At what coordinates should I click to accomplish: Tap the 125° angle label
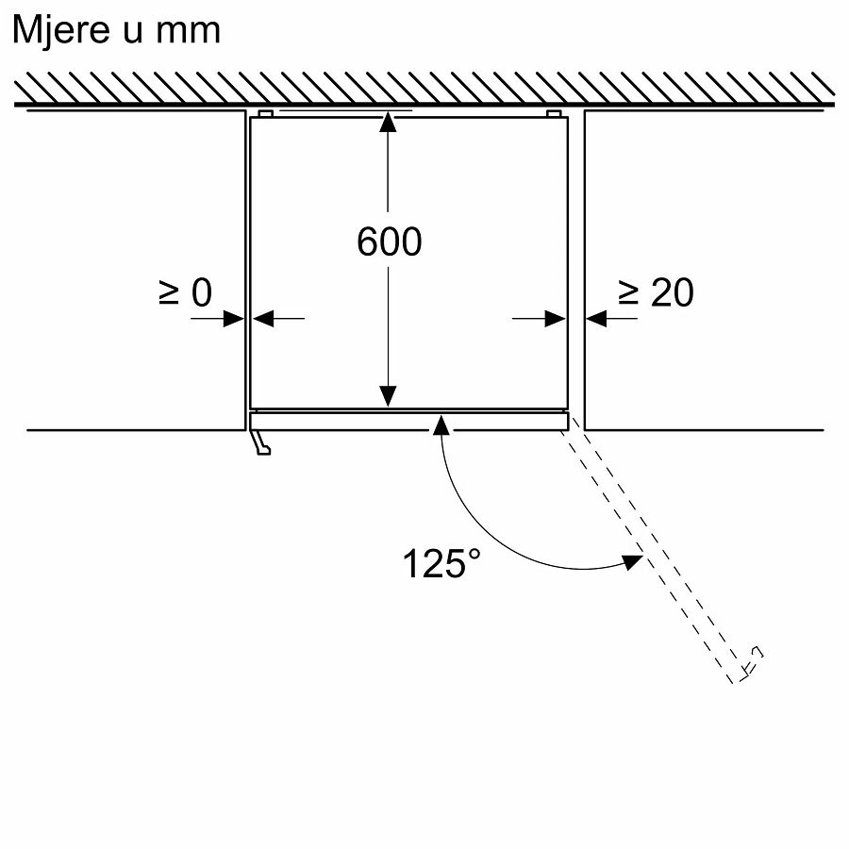coord(441,563)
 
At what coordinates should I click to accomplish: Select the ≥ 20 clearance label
coord(657,293)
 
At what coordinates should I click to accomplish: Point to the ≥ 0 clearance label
coord(186,293)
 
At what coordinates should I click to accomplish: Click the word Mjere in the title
coord(61,31)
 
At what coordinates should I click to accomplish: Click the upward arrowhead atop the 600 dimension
coord(388,122)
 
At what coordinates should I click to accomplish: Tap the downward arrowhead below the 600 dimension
coord(388,396)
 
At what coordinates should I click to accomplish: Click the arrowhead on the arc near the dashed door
coord(632,562)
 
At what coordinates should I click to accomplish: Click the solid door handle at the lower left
coord(260,442)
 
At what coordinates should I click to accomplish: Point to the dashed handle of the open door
coord(752,661)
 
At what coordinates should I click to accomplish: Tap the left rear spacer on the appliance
coord(265,114)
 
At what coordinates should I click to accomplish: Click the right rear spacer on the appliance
coord(554,114)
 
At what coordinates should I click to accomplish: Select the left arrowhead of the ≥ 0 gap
coord(233,319)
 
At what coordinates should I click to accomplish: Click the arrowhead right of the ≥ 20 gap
coord(596,319)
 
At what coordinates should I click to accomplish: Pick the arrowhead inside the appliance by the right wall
coord(556,319)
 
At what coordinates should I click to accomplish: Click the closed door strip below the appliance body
coord(409,421)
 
